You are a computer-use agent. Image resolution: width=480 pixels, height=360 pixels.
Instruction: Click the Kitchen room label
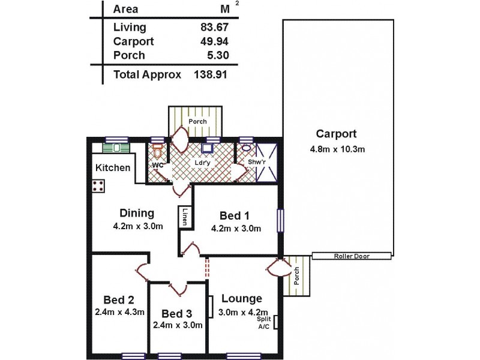tap(113, 167)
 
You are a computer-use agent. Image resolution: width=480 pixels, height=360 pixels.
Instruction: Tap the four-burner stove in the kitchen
tap(98, 185)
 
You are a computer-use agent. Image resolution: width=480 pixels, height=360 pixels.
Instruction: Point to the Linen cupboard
tap(185, 217)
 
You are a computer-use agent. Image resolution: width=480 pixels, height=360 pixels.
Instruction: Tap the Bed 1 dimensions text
tap(235, 228)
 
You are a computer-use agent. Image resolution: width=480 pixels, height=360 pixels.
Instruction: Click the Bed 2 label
tap(118, 300)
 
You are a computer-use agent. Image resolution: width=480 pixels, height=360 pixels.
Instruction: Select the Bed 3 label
tap(178, 314)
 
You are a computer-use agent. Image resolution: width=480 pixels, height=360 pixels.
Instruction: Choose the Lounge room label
tap(242, 298)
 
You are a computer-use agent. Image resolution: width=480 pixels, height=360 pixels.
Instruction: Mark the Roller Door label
tap(352, 256)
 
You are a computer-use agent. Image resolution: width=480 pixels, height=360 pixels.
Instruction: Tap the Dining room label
tap(137, 213)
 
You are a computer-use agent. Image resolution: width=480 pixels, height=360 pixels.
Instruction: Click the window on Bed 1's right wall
tap(280, 220)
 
